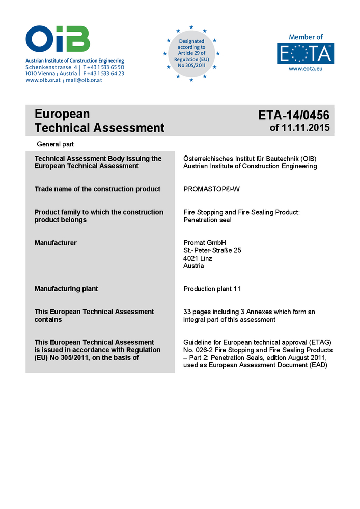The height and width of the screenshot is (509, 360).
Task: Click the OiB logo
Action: tap(58, 40)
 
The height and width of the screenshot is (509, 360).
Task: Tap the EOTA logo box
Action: tap(306, 53)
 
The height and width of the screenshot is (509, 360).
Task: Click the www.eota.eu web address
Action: tap(306, 68)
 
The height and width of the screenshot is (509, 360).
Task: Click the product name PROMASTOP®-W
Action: tap(211, 189)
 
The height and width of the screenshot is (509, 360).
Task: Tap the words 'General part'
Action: tap(56, 144)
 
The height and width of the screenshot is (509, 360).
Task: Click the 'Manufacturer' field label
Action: tap(56, 243)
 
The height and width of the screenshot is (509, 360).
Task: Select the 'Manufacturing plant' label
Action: tap(66, 289)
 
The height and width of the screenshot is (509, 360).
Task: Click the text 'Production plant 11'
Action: tap(212, 289)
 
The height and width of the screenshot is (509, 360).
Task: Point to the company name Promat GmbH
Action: tap(204, 243)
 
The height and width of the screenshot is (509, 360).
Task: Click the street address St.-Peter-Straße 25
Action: tap(212, 250)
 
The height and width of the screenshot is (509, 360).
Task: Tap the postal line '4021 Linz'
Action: tap(198, 258)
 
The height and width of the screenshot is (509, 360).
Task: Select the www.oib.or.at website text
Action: tap(43, 80)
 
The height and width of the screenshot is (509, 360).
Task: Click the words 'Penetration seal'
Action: tap(207, 220)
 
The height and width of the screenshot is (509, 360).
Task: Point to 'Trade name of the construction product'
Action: tap(97, 189)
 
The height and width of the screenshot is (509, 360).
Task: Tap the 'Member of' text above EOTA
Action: tap(306, 37)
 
